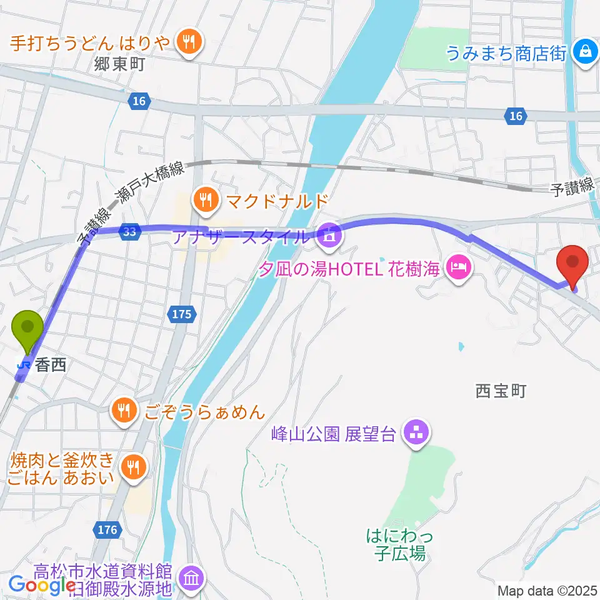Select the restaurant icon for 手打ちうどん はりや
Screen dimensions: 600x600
189,42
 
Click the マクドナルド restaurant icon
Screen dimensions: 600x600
204,201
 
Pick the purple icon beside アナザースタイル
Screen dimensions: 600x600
327,236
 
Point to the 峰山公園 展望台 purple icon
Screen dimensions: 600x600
416,432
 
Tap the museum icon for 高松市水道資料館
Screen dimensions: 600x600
191,577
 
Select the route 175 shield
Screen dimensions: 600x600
181,315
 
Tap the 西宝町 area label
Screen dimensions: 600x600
501,391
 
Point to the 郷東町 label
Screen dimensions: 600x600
120,64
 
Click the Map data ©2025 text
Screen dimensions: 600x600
547,590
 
